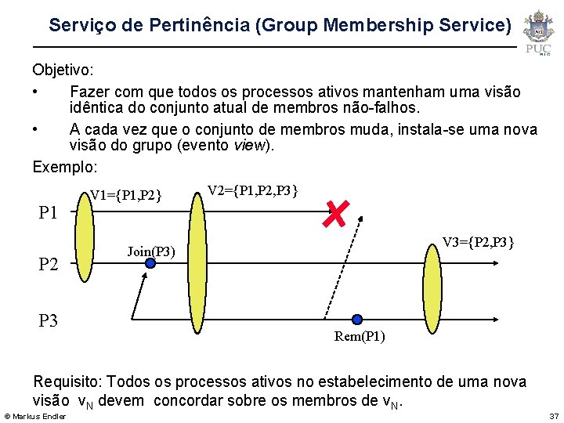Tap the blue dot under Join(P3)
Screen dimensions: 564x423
tap(150, 263)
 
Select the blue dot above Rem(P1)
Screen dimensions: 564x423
tap(357, 320)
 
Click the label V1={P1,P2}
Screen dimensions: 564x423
tap(126, 195)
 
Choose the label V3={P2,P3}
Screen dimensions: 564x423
tap(478, 243)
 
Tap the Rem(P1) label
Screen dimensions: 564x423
tap(360, 337)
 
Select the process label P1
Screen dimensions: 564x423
tap(49, 212)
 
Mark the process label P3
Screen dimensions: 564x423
tap(49, 320)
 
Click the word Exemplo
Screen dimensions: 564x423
tap(64, 167)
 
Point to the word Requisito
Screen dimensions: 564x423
tap(67, 381)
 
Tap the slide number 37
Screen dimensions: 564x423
tap(554, 415)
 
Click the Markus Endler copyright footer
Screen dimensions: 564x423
tap(35, 415)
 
